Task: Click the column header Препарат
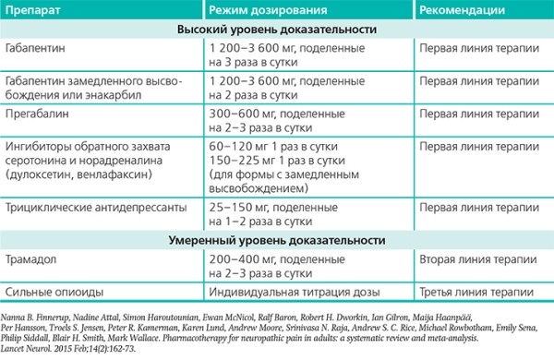tap(33, 10)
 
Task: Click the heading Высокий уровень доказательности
tap(277, 29)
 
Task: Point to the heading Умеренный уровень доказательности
tap(277, 240)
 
